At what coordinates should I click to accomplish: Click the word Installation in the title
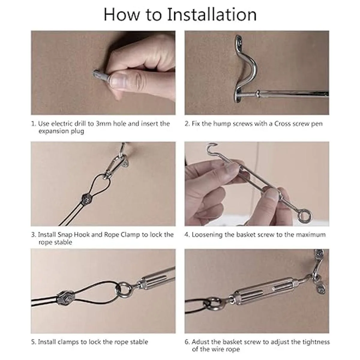[x=212, y=15]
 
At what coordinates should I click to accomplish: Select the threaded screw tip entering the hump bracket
[x=248, y=94]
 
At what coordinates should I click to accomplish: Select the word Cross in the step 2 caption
[x=281, y=124]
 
